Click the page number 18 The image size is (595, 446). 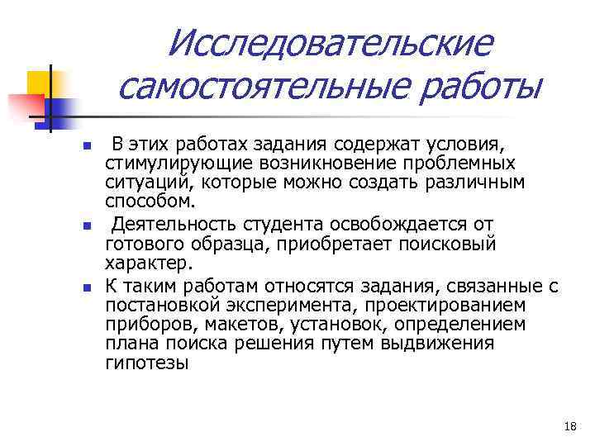click(569, 426)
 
